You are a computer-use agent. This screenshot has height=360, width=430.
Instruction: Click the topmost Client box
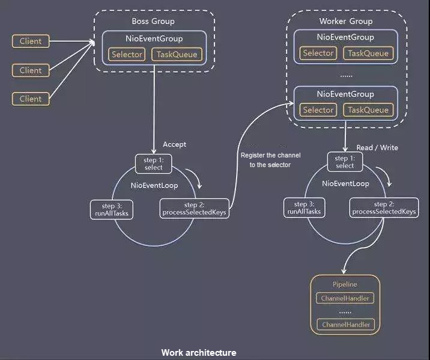click(31, 41)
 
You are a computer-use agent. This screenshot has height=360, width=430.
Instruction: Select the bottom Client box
click(31, 99)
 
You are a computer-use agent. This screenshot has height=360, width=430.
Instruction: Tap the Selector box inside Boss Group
click(127, 54)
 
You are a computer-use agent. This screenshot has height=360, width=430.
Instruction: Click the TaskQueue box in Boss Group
click(177, 54)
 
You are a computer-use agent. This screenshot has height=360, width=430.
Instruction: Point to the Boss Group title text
click(153, 21)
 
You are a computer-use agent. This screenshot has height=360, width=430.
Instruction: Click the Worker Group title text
click(346, 21)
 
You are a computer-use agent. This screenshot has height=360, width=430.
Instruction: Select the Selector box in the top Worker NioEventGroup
click(318, 53)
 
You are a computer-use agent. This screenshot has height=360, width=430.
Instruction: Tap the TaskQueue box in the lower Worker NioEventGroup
click(368, 110)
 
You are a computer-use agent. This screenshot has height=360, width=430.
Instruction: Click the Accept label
click(174, 144)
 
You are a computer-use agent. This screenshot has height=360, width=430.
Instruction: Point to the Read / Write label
click(377, 148)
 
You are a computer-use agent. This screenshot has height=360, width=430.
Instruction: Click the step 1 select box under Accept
click(154, 164)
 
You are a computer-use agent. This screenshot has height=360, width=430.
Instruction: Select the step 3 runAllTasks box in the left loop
click(112, 210)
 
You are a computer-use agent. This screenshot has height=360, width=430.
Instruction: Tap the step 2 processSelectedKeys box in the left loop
click(194, 209)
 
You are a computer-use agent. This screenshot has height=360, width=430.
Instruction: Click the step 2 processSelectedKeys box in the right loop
click(384, 208)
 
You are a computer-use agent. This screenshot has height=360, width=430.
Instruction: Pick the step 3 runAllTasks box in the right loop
click(304, 208)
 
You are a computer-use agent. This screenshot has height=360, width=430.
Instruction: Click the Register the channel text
click(271, 155)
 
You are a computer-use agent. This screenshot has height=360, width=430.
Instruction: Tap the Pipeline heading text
click(345, 284)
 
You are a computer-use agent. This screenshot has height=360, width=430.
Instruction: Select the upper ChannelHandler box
click(345, 298)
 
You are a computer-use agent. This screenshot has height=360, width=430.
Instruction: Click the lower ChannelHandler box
click(346, 325)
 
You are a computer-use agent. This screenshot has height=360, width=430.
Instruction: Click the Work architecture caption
click(199, 353)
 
